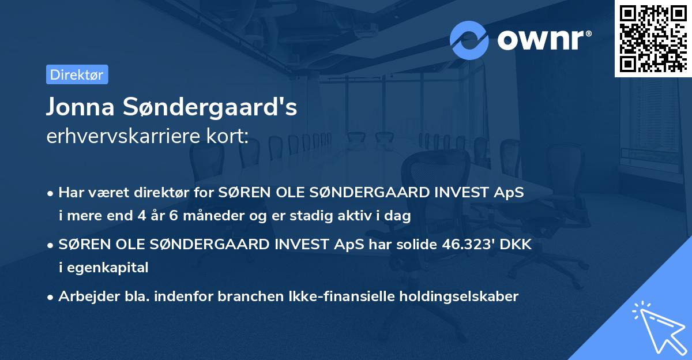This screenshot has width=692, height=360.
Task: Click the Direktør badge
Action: (77, 74)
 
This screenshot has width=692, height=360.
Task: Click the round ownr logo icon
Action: (469, 40)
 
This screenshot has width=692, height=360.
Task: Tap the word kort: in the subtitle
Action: (228, 137)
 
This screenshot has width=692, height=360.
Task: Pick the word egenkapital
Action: (104, 267)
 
